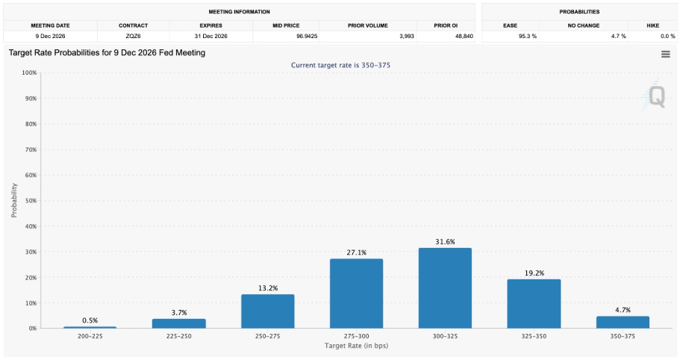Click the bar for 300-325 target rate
click(x=445, y=288)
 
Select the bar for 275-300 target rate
click(x=357, y=294)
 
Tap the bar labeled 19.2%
click(x=534, y=304)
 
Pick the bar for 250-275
click(x=267, y=311)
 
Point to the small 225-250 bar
click(x=178, y=323)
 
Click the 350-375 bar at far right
click(x=623, y=322)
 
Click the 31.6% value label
click(x=445, y=242)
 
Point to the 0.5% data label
click(x=90, y=320)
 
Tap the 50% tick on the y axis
click(x=30, y=201)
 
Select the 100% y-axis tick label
click(x=29, y=72)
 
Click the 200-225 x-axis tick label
click(x=90, y=336)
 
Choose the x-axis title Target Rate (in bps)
click(x=357, y=346)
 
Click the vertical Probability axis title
click(x=14, y=200)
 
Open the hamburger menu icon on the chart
click(x=666, y=55)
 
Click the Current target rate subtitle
click(x=340, y=65)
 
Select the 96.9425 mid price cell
click(x=307, y=36)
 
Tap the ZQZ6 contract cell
click(x=133, y=36)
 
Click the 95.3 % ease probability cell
click(x=528, y=36)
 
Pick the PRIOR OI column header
click(x=446, y=25)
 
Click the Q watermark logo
click(x=655, y=96)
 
